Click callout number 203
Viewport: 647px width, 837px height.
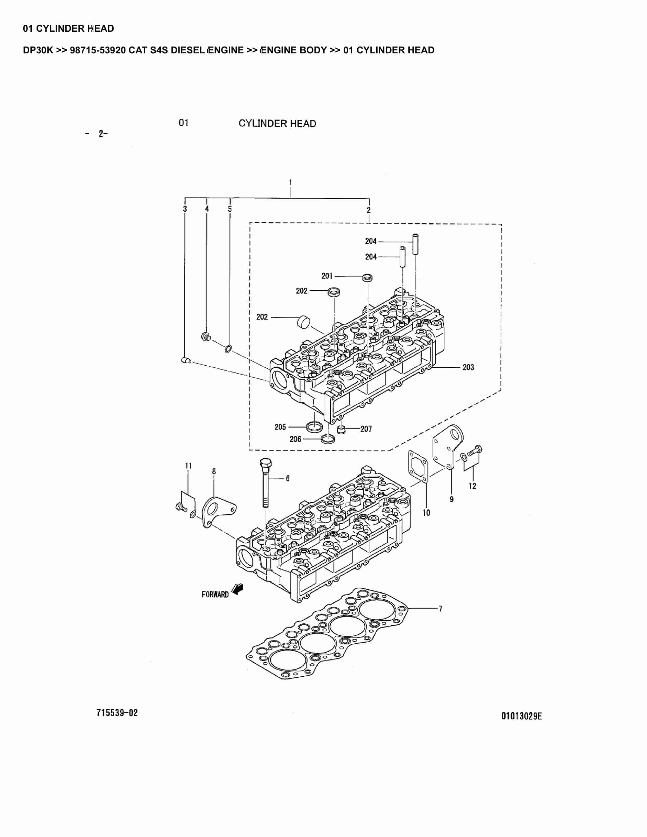click(468, 368)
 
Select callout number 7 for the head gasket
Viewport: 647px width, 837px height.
click(440, 608)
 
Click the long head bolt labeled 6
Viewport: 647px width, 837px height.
click(265, 483)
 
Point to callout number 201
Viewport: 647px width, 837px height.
click(327, 276)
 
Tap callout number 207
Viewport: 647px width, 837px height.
click(366, 429)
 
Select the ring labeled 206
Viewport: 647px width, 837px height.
click(328, 438)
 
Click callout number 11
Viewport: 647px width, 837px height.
click(188, 466)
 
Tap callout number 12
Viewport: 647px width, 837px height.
click(472, 486)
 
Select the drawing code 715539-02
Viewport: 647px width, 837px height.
click(117, 713)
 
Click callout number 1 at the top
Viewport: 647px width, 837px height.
click(290, 182)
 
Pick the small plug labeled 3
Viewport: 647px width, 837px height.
click(186, 360)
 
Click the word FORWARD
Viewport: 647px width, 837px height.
click(215, 594)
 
